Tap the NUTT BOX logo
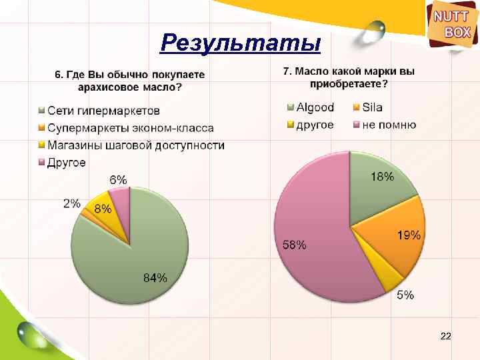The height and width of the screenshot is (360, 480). tap(452, 24)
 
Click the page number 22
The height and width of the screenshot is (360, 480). tap(446, 338)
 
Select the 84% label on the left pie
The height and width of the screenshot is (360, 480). tap(155, 278)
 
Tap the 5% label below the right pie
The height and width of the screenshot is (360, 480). tap(405, 295)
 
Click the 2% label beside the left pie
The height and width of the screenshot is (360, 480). tap(72, 203)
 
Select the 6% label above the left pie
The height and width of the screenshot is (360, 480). tap(119, 179)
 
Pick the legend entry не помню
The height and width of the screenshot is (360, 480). tap(389, 125)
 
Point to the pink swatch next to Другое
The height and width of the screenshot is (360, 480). tap(41, 163)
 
